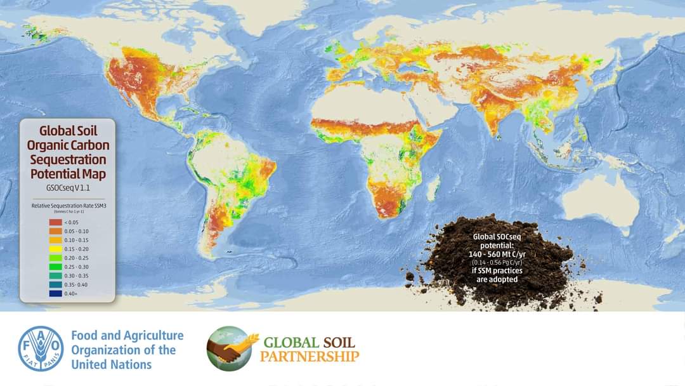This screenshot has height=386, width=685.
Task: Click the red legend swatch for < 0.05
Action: click(55, 222)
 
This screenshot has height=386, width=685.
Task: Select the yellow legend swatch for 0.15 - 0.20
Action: click(55, 249)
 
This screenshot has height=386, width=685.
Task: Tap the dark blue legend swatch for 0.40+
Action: click(55, 294)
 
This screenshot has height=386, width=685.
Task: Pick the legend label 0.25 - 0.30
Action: click(77, 267)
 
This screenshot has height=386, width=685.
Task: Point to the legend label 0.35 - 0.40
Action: click(77, 285)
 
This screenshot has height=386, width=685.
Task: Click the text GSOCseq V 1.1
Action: click(68, 189)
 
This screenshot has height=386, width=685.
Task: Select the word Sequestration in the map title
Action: click(68, 160)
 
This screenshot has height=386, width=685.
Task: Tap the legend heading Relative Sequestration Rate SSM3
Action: click(68, 205)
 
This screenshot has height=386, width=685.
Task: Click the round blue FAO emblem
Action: click(41, 349)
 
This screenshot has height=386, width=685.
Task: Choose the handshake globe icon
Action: click(229, 349)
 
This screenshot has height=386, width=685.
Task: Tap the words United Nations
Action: click(112, 364)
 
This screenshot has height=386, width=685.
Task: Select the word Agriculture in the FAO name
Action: click(149, 335)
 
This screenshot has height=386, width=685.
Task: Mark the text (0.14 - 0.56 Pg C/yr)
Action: click(497, 263)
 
